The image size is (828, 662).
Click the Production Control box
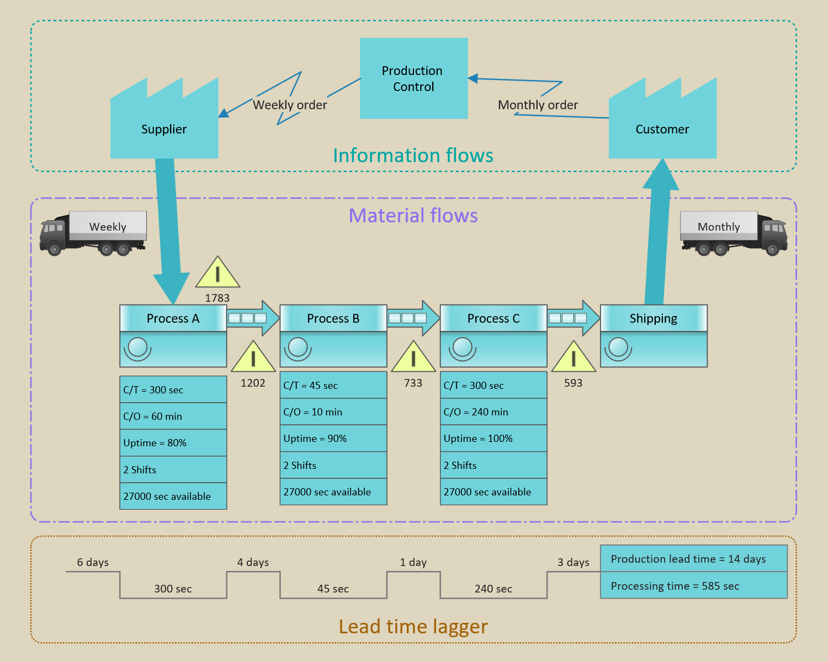pyautogui.click(x=413, y=78)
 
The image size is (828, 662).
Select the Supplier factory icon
pyautogui.click(x=164, y=124)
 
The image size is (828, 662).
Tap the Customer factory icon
pyautogui.click(x=662, y=124)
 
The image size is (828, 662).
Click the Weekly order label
pyautogui.click(x=290, y=105)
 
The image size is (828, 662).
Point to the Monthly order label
pyautogui.click(x=538, y=105)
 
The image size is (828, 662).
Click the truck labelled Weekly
pyautogui.click(x=93, y=233)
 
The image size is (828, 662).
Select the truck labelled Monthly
pyautogui.click(x=734, y=233)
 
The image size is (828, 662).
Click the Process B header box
pyautogui.click(x=333, y=318)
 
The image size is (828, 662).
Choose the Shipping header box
pyautogui.click(x=653, y=318)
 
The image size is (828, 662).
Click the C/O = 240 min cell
pyautogui.click(x=493, y=412)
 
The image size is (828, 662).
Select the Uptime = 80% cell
pyautogui.click(x=173, y=443)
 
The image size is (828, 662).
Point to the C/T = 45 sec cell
pyautogui.click(x=333, y=385)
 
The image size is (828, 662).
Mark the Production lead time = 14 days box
pyautogui.click(x=693, y=559)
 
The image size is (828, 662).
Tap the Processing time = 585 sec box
pyautogui.click(x=693, y=586)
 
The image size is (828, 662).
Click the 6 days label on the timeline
pyautogui.click(x=93, y=562)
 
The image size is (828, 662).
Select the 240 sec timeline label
pyautogui.click(x=493, y=589)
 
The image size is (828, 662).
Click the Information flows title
pyautogui.click(x=413, y=156)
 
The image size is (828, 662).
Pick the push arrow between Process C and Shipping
pyautogui.click(x=574, y=318)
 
